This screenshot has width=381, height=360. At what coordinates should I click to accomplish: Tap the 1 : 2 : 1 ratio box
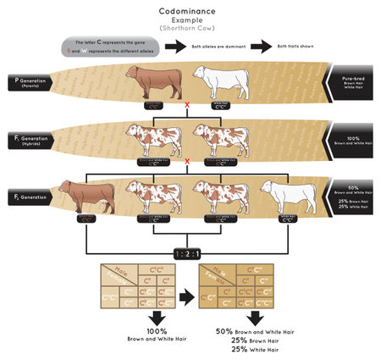point(186,253)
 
